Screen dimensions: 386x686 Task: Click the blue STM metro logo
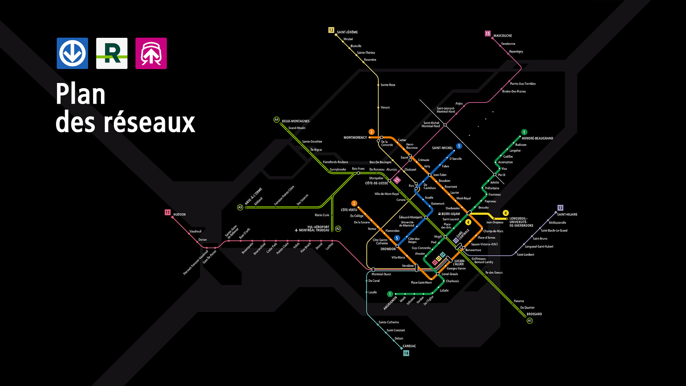coord(72,53)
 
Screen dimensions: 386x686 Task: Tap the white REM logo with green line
coord(112,53)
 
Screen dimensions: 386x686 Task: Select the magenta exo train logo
coord(151,53)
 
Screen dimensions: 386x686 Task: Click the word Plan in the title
coord(81,94)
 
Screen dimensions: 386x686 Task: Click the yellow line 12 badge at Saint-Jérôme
coord(331,30)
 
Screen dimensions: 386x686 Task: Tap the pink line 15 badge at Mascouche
coord(488,34)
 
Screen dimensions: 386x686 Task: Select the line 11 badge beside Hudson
coord(168,212)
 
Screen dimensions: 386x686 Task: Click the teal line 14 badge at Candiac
coord(406,353)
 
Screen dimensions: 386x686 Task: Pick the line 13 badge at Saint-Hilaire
coord(560,208)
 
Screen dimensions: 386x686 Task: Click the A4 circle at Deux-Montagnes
coord(276,120)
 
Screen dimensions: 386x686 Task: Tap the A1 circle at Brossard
coord(529,320)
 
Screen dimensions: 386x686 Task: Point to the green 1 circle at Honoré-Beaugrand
coord(524,132)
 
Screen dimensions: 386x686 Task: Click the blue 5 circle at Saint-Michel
coord(459,146)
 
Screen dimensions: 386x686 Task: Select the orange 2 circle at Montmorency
coord(371,132)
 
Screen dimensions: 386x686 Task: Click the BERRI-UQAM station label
coord(451,214)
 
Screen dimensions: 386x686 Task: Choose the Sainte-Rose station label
coord(388,85)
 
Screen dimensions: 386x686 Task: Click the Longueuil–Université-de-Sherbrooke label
coord(521,222)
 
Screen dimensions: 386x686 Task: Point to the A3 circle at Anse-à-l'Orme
coord(240,207)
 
